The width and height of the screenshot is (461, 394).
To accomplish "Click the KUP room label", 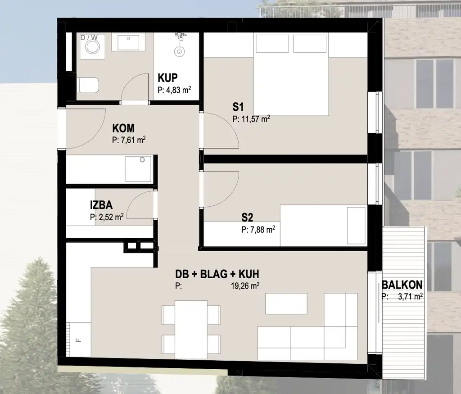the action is pos(167,78).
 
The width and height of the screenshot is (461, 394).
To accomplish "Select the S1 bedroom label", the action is pos(238,107).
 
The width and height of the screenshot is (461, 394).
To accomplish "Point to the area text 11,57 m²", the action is pos(255,119).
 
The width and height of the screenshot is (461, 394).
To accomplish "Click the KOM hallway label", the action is pos(123,128).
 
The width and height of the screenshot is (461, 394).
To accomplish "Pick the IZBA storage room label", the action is pos(101,205).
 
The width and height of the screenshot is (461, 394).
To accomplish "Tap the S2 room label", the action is pos(247,217).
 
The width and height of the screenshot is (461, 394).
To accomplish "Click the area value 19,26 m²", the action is pos(245,286).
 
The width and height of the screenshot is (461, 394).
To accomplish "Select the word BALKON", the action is pos(402,285).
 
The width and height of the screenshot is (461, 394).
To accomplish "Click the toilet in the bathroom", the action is pos(88,85).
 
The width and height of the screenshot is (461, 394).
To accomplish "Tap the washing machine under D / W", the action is pos(92,47).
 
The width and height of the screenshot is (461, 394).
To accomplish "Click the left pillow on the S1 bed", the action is pos(272,44).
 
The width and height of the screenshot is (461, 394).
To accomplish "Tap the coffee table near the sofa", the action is pos(286,303).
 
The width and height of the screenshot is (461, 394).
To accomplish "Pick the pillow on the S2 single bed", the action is pos(357,226).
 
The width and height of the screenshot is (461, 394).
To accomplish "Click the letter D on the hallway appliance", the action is pos(142,160).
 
